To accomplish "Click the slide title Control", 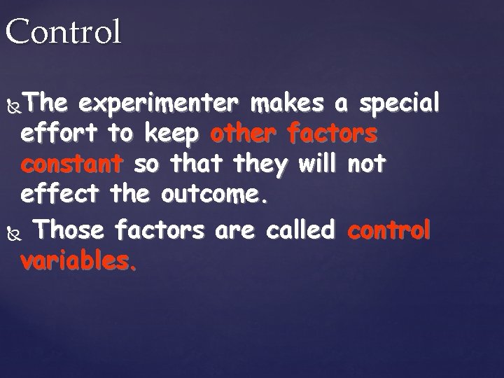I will pyautogui.click(x=63, y=32).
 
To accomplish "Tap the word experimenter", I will pyautogui.click(x=160, y=104).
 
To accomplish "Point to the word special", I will pyautogui.click(x=399, y=104).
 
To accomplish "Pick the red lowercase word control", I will pyautogui.click(x=388, y=229).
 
